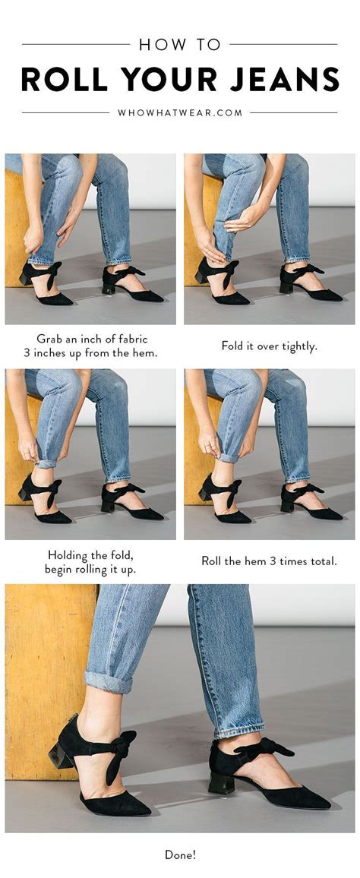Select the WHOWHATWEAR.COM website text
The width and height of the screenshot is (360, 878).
tap(180, 112)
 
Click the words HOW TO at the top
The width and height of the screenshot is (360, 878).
tap(180, 44)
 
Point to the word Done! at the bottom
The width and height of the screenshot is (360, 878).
tap(180, 854)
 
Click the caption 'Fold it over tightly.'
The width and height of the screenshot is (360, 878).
tap(270, 346)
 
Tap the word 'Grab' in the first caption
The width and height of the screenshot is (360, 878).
tap(48, 339)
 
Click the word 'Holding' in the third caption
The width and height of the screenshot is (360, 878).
tap(68, 555)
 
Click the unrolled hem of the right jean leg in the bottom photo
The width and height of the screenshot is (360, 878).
tap(238, 730)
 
